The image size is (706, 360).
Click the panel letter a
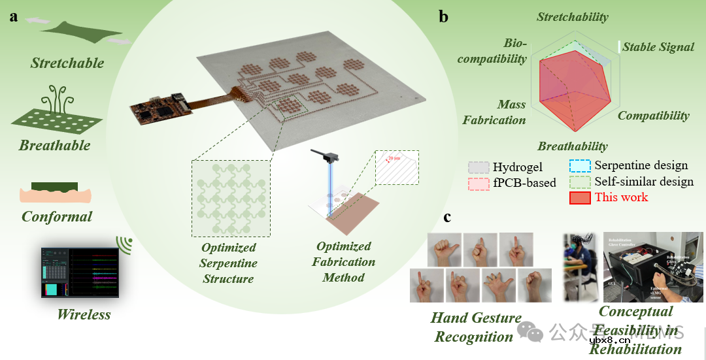point(14,17)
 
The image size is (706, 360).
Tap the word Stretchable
point(67,63)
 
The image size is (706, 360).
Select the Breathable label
point(54,145)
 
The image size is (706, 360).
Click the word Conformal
point(57,216)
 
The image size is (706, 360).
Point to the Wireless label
point(84,314)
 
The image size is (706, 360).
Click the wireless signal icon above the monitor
point(125,245)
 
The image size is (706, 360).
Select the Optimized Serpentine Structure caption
point(229,263)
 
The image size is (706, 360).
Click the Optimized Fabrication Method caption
point(344,262)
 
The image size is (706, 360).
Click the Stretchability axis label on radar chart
point(573,18)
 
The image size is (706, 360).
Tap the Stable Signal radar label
point(658,47)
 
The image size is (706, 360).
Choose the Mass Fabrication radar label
point(494,112)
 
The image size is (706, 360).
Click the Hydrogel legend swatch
point(479,168)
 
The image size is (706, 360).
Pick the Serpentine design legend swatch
point(580,166)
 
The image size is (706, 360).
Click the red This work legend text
point(621,197)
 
